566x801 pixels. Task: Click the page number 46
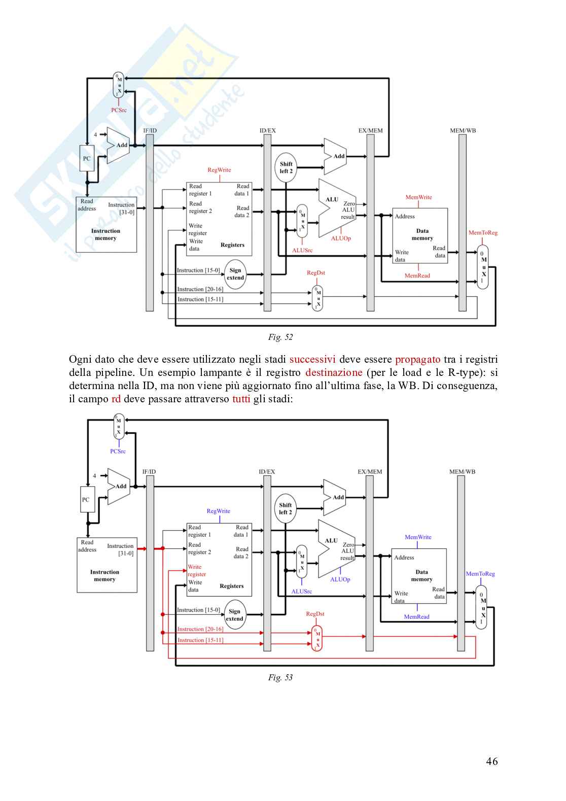tap(491, 761)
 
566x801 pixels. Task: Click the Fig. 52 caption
tap(280, 337)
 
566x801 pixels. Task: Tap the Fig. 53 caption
tap(280, 677)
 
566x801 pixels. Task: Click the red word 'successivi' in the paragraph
tap(312, 359)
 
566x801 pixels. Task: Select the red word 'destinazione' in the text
tap(334, 372)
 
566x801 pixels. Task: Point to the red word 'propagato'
tap(417, 359)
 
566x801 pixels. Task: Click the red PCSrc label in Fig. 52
tap(119, 110)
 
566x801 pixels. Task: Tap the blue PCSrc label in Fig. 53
tap(118, 451)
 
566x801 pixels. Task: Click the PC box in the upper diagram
tap(87, 158)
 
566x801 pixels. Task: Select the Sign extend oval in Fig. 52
tap(235, 274)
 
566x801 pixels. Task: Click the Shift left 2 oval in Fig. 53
tap(286, 509)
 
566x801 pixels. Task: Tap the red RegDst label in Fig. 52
tap(315, 272)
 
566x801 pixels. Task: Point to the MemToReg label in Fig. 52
tap(483, 233)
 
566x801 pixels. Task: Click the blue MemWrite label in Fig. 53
tap(418, 537)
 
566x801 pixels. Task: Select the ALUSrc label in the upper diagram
tap(302, 250)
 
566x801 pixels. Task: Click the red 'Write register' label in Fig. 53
tap(196, 571)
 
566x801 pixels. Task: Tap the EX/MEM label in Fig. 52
tap(370, 130)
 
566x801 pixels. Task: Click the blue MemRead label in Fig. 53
tap(416, 616)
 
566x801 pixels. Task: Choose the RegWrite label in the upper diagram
tap(219, 170)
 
